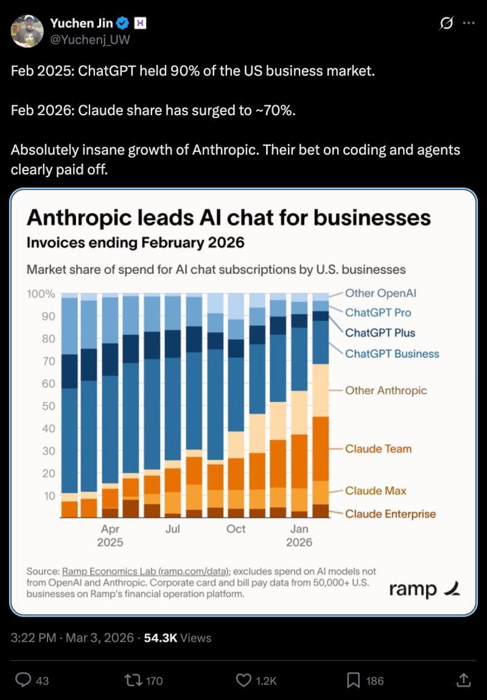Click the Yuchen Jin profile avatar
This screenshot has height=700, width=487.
(x=27, y=31)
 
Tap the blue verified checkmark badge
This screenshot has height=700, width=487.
(x=122, y=24)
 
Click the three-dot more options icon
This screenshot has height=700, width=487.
(x=468, y=23)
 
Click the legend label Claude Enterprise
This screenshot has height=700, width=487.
(x=390, y=514)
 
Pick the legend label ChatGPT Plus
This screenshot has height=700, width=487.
(x=380, y=333)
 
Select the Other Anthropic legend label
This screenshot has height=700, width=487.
(x=386, y=390)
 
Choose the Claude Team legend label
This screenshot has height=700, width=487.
(x=378, y=449)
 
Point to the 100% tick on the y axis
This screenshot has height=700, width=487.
(x=41, y=294)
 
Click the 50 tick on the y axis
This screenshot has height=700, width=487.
(x=49, y=406)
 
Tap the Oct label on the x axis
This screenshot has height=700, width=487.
(x=236, y=529)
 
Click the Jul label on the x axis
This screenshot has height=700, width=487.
(x=172, y=529)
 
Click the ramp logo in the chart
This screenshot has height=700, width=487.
(x=424, y=589)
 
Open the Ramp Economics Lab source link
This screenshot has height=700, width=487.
(x=146, y=572)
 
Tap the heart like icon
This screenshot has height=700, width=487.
(x=243, y=680)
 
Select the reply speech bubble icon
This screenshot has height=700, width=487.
(x=23, y=680)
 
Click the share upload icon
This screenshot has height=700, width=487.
(x=463, y=679)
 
